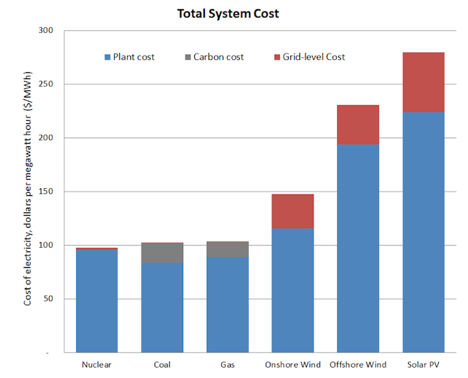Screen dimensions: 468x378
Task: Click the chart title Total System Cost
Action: [x=228, y=14]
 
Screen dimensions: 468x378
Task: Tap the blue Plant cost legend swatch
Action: [x=107, y=57]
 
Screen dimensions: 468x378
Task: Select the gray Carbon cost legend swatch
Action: [x=187, y=57]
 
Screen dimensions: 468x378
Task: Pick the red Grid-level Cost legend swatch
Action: [x=277, y=57]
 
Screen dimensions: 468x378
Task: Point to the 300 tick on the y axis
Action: [x=46, y=30]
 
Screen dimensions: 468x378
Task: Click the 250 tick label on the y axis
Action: [x=46, y=84]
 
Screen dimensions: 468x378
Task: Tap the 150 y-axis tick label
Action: [x=46, y=191]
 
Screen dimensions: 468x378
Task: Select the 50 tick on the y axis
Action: [x=48, y=299]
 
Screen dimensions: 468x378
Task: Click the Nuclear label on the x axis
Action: [x=96, y=365]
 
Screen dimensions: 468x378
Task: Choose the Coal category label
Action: [x=162, y=365]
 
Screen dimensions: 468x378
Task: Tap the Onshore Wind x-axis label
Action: [x=293, y=365]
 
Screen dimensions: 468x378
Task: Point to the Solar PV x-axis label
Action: [x=423, y=365]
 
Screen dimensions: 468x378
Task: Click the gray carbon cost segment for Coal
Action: [x=162, y=253]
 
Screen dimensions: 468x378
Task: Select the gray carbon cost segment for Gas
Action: [x=228, y=250]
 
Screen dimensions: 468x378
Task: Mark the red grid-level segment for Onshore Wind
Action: [x=293, y=211]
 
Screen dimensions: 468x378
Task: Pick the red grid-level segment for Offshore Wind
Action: [x=358, y=125]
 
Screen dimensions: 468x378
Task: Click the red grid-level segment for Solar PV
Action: [x=423, y=82]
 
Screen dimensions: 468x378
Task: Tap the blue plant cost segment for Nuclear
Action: [x=97, y=301]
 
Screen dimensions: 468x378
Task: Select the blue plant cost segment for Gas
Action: [x=228, y=305]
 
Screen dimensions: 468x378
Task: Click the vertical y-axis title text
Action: [x=28, y=188]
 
